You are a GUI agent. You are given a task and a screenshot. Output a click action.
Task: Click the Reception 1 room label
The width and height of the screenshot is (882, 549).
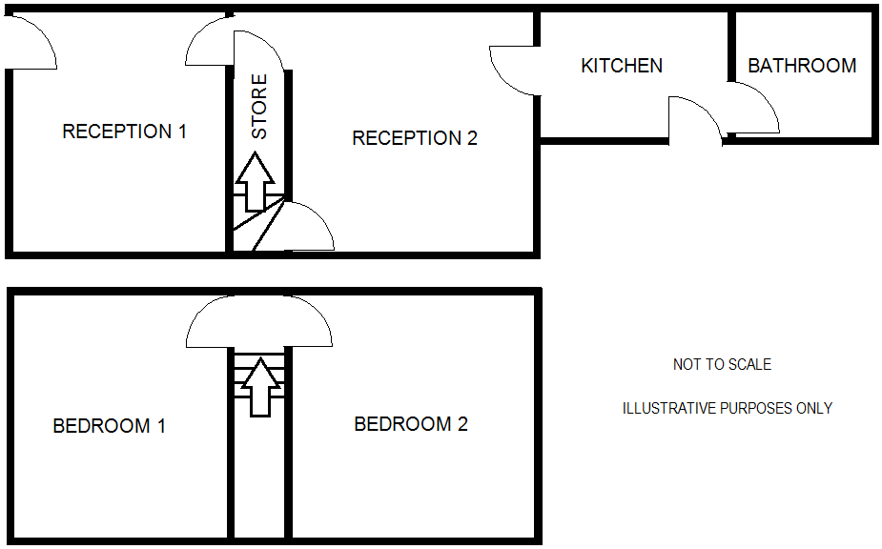(x=124, y=132)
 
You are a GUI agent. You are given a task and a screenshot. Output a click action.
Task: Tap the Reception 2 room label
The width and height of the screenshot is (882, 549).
(x=414, y=138)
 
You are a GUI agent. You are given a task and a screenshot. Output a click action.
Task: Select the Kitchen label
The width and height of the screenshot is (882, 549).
(x=622, y=66)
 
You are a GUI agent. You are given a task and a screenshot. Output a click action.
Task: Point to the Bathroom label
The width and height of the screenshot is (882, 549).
(x=802, y=66)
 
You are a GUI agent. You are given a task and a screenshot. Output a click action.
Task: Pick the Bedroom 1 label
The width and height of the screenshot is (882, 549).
(x=109, y=426)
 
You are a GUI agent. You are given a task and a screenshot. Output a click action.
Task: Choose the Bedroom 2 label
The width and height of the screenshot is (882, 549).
(x=410, y=424)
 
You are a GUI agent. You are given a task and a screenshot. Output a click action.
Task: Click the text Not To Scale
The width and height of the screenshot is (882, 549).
(x=722, y=364)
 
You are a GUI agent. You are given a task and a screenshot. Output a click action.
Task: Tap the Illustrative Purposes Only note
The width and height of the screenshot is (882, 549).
(x=727, y=408)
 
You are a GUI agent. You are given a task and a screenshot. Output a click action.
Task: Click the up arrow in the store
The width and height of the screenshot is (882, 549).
(x=256, y=181)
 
